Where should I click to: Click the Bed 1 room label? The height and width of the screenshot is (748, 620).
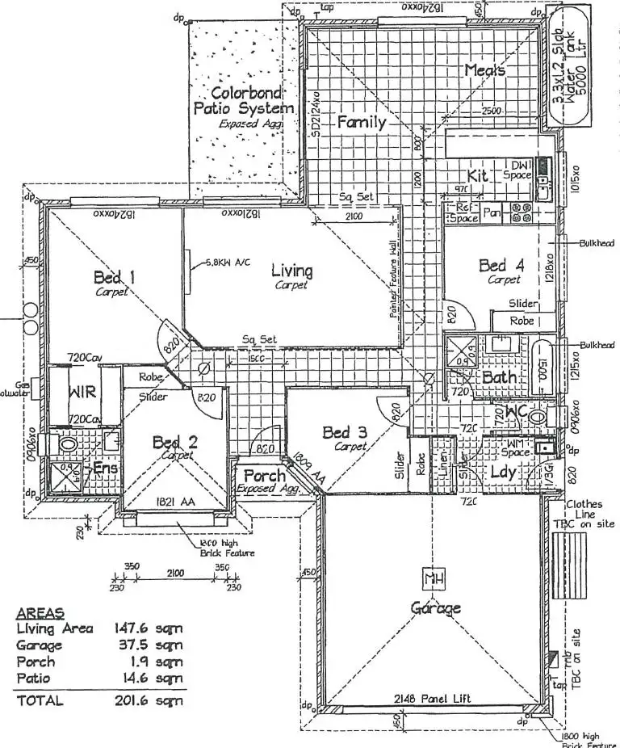(114, 279)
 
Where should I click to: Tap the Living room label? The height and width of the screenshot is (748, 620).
(291, 271)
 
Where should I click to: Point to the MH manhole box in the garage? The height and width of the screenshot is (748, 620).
(434, 579)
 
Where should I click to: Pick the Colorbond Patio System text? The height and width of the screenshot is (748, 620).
(242, 100)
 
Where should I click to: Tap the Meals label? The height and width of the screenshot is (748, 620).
(484, 71)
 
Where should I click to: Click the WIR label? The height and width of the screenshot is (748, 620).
(83, 394)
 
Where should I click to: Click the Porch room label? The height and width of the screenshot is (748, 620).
(265, 476)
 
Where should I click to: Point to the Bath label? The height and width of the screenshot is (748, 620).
(499, 378)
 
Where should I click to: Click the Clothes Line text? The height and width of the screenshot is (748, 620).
(584, 508)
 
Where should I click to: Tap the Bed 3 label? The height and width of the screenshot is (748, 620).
(346, 433)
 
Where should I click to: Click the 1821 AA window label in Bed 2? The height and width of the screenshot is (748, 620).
(175, 502)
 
